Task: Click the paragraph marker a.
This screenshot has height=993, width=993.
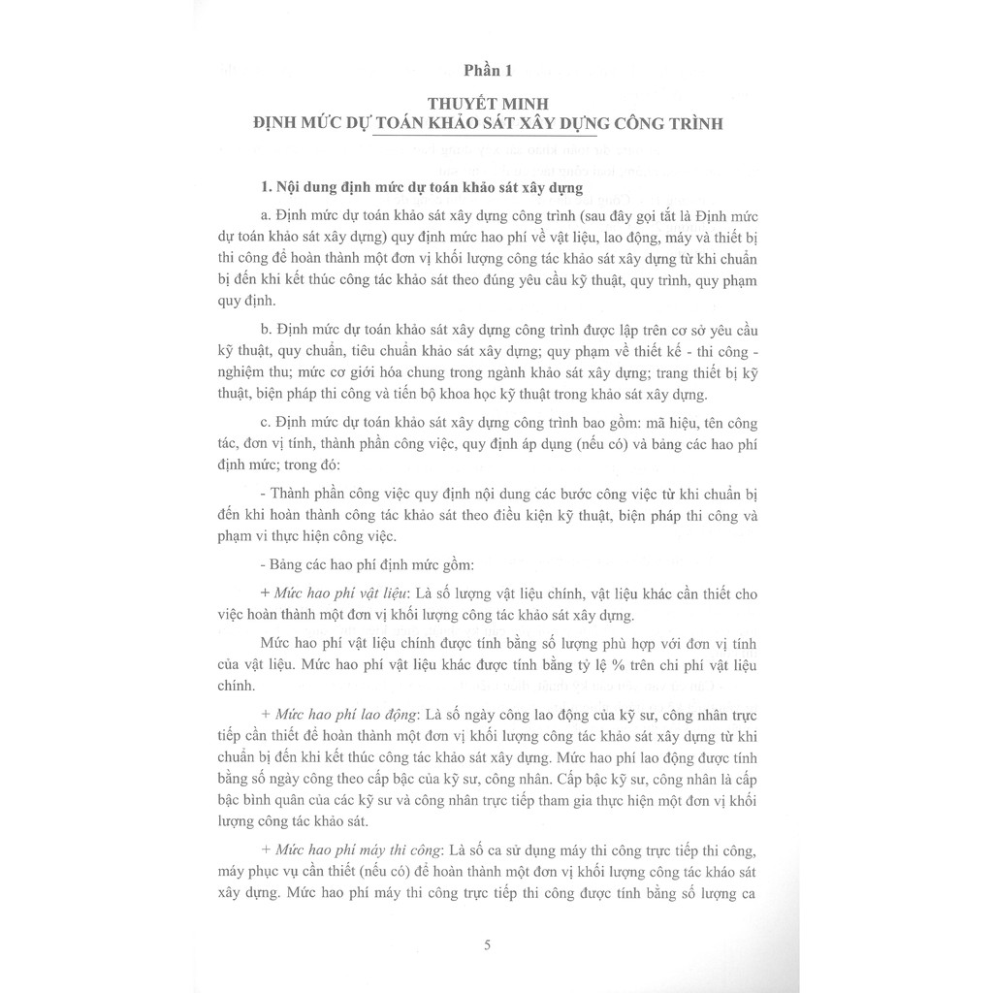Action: tap(268, 213)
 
